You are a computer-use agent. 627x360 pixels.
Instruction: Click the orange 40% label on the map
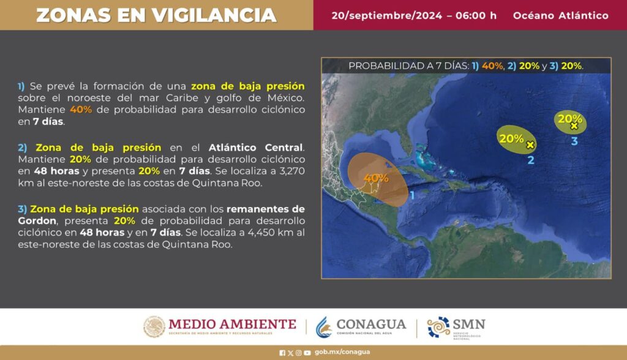click(376, 178)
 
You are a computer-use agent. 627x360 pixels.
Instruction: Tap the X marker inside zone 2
click(530, 145)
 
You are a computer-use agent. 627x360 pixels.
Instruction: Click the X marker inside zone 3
click(574, 126)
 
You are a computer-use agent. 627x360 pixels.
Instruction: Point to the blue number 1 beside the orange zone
click(413, 195)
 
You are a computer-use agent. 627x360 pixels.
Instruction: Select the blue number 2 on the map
click(531, 160)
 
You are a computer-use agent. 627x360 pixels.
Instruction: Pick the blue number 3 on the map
click(574, 141)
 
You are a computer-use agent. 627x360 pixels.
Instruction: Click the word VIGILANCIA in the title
click(215, 15)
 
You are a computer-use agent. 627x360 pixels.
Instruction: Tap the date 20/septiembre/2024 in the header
click(387, 15)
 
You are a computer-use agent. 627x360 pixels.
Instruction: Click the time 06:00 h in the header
click(476, 15)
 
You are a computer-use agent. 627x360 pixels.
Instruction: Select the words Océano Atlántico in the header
click(561, 15)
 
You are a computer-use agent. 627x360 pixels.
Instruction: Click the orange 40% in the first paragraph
click(81, 110)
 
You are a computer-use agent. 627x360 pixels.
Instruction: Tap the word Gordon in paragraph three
click(37, 221)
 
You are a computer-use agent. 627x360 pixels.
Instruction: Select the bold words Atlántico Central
click(257, 148)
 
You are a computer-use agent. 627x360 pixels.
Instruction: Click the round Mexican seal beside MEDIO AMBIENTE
click(154, 327)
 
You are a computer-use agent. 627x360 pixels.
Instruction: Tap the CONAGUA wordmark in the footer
click(371, 324)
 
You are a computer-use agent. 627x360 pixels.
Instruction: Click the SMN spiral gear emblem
click(438, 327)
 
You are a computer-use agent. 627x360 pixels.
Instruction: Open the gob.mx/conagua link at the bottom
click(342, 352)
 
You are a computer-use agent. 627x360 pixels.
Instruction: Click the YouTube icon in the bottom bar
click(307, 353)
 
